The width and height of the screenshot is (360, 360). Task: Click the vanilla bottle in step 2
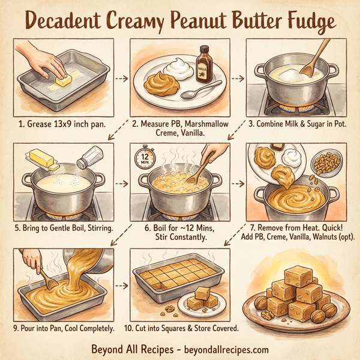coord(205,64)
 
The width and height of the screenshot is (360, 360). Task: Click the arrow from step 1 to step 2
coord(122,79)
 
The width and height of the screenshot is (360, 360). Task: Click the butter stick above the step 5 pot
coord(40,160)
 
